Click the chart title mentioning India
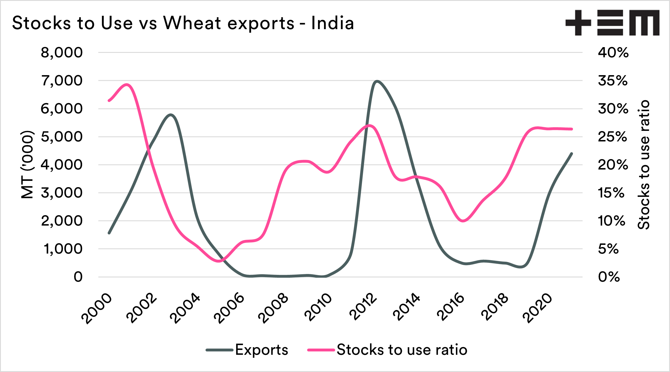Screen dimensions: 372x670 (183, 23)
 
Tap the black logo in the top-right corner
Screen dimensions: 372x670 (612, 23)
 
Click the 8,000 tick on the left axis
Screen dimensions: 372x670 (62, 53)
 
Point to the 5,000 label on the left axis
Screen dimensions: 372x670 (62, 137)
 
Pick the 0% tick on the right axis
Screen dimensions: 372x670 (609, 277)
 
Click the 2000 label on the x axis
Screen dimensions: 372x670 (97, 309)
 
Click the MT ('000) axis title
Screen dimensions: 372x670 (28, 165)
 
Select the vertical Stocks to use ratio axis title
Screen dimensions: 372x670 (644, 165)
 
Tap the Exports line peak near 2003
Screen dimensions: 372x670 (171, 115)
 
